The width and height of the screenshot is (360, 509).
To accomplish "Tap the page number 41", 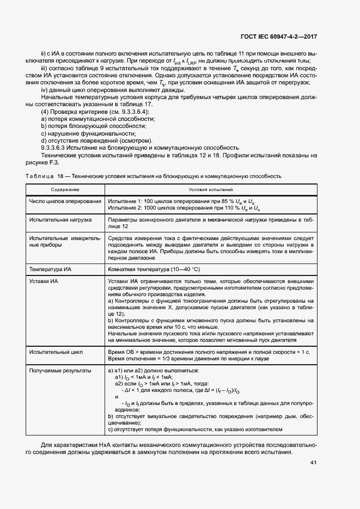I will (313, 463).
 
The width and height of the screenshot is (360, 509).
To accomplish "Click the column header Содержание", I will (65, 189).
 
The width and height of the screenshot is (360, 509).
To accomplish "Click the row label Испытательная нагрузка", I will (60, 220).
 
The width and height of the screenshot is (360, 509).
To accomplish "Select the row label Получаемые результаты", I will (60, 370).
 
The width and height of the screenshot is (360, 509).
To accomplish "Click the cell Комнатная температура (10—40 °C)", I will (154, 269).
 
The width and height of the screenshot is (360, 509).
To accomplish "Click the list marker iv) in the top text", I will (45, 90).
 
